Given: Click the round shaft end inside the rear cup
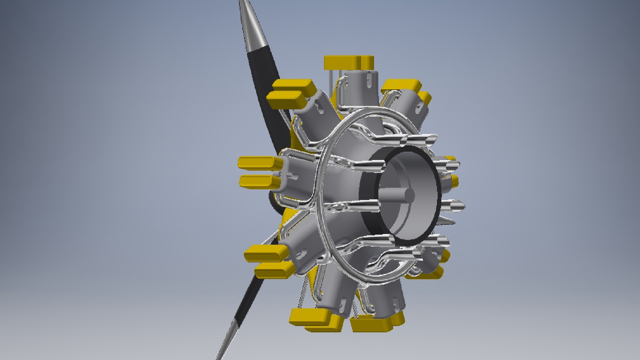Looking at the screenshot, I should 409,195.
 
